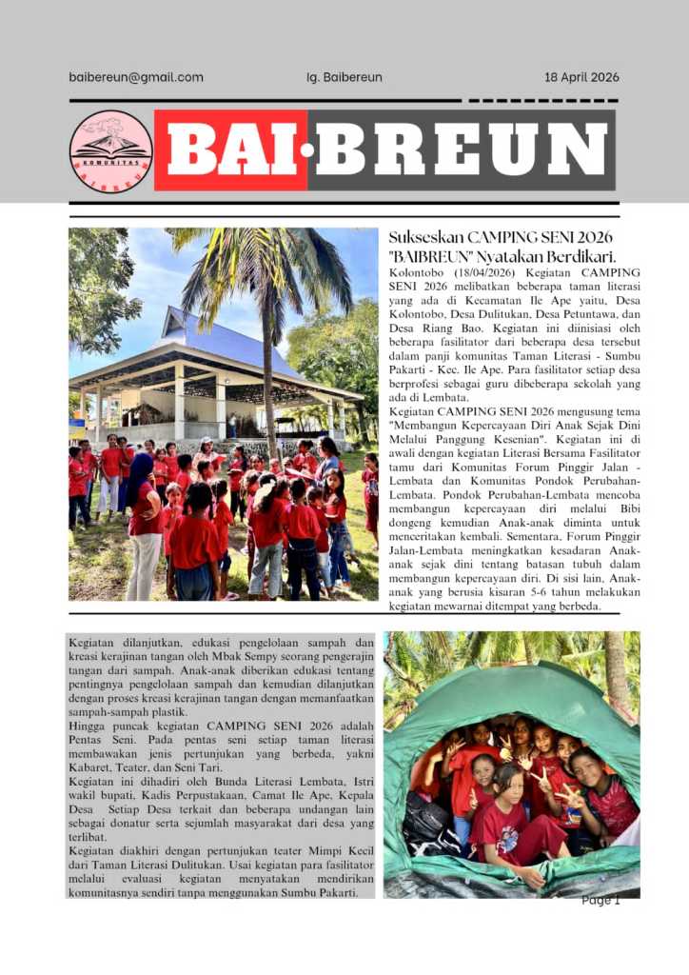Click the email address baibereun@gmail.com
point(136,77)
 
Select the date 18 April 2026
point(581,77)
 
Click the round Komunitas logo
point(111,151)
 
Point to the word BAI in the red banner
point(230,150)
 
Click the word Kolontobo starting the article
point(421,273)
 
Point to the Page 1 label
point(600,900)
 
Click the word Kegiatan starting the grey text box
point(93,643)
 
